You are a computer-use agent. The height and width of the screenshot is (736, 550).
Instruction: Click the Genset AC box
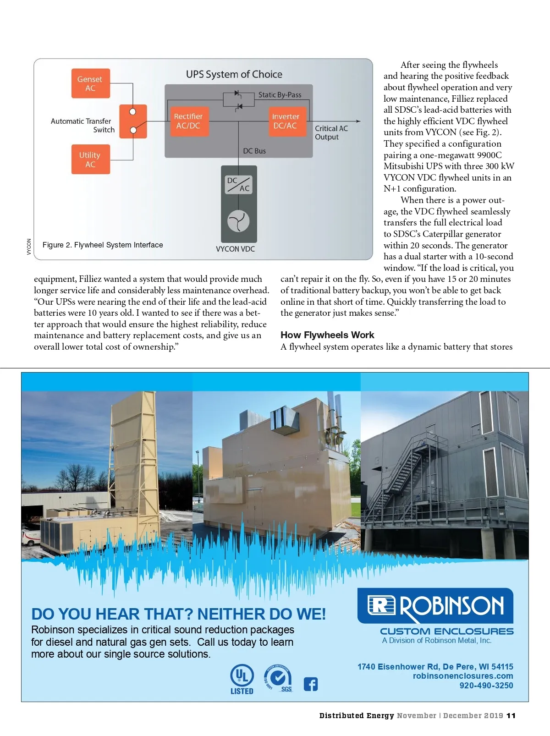pos(90,83)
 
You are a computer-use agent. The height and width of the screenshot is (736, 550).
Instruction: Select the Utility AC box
pos(90,159)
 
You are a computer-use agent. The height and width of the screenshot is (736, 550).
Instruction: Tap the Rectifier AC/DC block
pos(188,121)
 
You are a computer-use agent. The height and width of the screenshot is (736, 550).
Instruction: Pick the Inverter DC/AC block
pos(286,121)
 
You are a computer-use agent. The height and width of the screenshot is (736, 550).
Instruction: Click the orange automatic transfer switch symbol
pos(133,121)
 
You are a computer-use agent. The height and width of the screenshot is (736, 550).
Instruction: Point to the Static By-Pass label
pos(280,95)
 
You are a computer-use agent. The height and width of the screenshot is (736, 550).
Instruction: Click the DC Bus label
pos(254,151)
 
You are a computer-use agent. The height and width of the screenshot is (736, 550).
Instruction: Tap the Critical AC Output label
pos(331,132)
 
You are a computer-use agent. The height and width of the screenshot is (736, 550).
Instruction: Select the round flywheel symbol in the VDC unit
pos(238,221)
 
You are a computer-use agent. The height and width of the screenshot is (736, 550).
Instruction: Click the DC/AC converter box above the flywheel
pos(238,184)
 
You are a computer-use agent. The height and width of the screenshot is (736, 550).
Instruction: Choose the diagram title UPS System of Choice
pos(234,74)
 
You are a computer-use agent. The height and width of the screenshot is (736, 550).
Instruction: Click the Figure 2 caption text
pos(103,245)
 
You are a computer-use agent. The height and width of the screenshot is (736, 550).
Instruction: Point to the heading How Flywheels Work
pos(327,335)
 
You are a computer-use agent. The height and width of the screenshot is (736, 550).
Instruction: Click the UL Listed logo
pos(242,679)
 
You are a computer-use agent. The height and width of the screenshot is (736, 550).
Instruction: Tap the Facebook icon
pos(311,684)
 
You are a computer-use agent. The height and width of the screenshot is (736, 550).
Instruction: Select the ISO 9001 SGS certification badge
pos(278,678)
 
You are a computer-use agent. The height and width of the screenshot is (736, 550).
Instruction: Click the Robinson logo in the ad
pos(435,605)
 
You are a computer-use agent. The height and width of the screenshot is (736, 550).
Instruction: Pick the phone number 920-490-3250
pos(486,686)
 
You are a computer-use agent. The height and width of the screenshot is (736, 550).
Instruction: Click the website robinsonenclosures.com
pos(463,676)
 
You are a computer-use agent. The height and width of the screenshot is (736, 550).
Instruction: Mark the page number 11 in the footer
pos(511,716)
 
